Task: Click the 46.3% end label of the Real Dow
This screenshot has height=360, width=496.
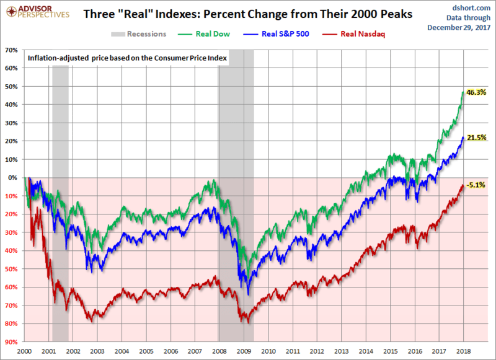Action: point(476,92)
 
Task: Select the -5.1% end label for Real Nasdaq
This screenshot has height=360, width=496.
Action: point(475,184)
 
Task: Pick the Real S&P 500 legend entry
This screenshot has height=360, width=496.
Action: point(286,33)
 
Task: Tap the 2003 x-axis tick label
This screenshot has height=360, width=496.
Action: point(97,351)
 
